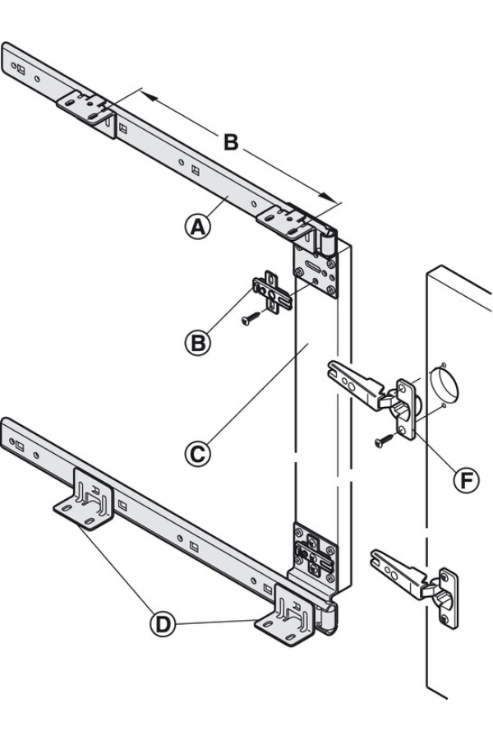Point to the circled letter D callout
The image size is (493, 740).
163,624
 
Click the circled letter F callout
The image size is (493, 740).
466,480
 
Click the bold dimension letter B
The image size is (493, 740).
232,142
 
